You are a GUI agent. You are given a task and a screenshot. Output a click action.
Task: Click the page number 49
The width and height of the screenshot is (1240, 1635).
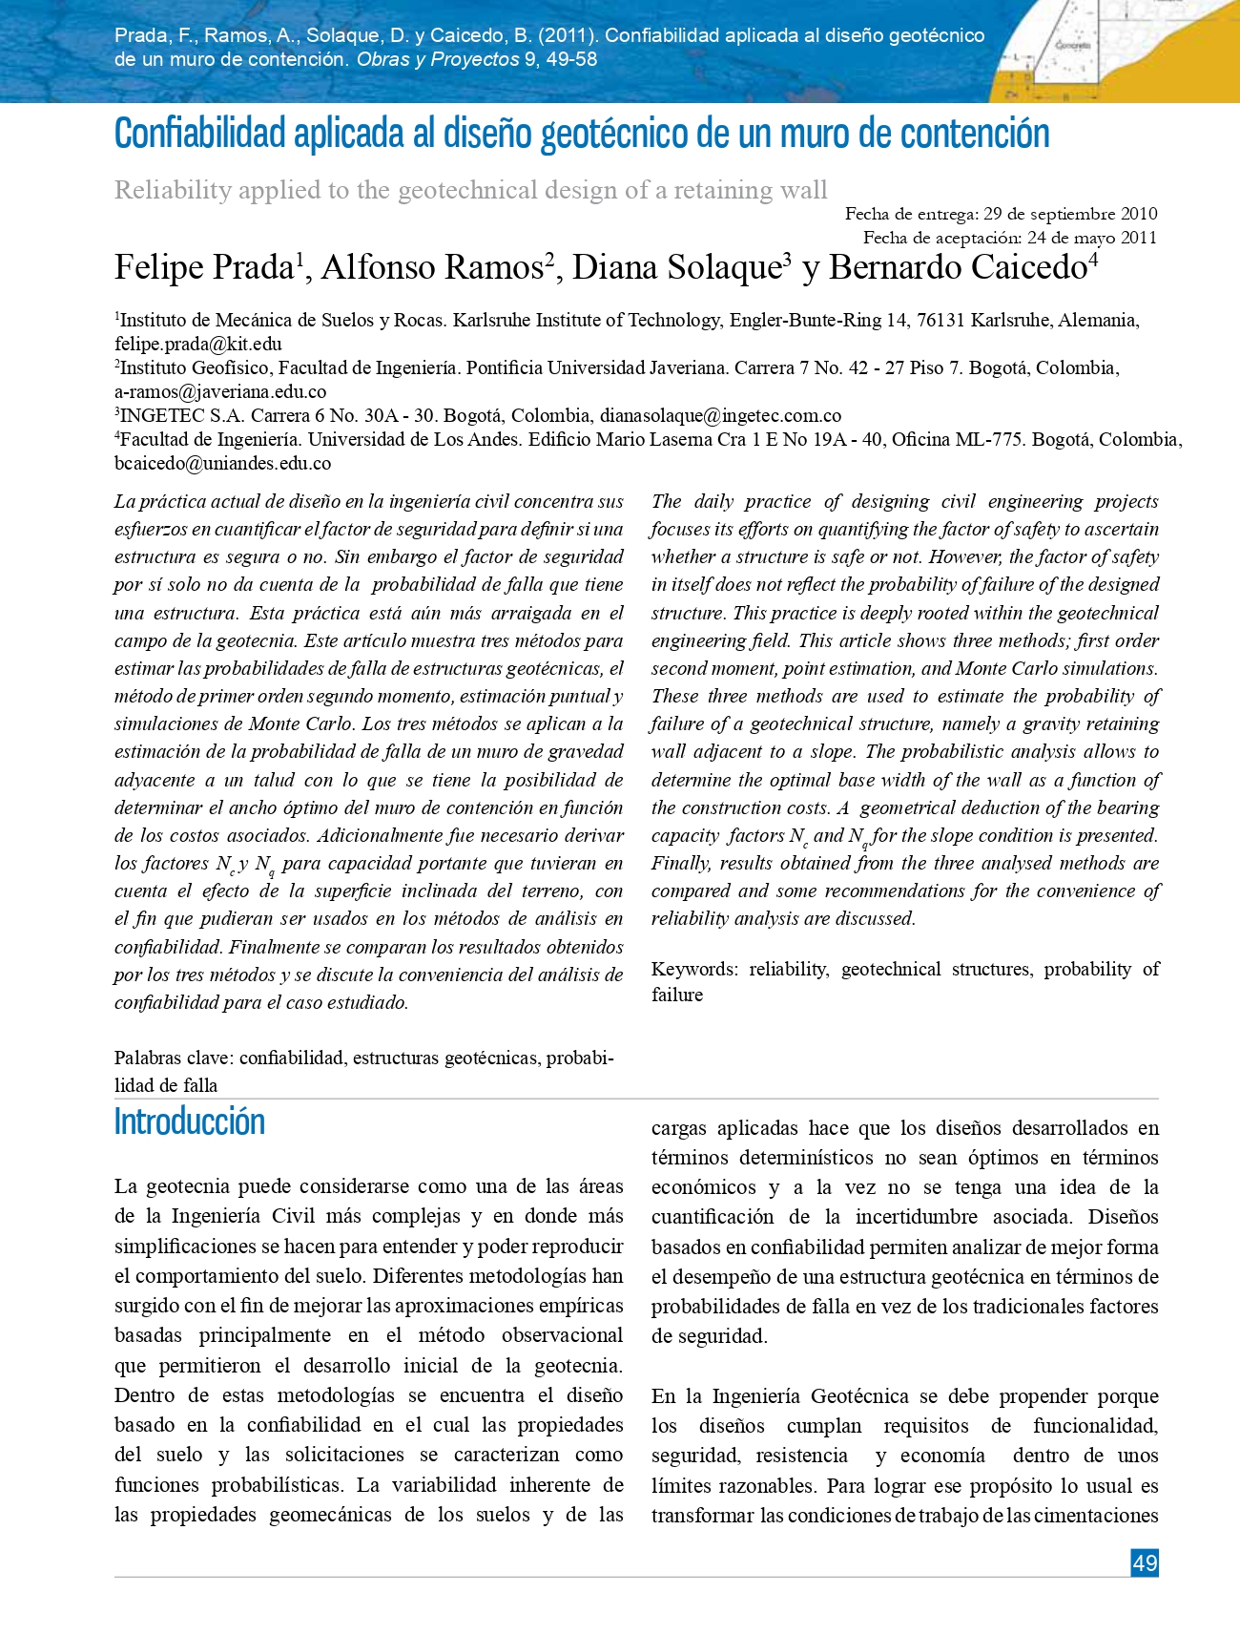(1145, 1562)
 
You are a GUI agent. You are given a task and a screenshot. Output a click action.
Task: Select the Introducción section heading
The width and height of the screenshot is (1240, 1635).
(189, 1121)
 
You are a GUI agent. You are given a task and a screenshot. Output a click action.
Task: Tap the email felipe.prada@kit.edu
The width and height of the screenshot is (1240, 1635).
(197, 344)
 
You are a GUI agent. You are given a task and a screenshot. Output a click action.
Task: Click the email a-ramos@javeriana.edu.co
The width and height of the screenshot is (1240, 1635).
(220, 391)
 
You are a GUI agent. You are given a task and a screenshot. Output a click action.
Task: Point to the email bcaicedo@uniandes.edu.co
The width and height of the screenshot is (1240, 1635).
(222, 464)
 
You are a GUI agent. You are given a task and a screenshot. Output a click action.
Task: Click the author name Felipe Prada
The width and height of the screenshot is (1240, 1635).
(203, 267)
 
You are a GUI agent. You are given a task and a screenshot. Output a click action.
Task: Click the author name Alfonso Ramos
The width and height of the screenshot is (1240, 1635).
(432, 267)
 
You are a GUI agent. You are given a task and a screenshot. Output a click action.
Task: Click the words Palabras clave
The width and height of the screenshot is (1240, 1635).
(173, 1059)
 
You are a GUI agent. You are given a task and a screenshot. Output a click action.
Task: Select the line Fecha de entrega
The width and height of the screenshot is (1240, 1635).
(1001, 214)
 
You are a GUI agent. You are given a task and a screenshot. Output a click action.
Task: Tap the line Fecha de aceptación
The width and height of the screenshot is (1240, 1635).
(1009, 238)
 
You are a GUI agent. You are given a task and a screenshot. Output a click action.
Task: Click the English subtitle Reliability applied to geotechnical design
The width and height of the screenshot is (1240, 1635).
(471, 190)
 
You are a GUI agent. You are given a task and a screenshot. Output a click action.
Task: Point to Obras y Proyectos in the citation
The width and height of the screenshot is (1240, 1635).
(438, 59)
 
